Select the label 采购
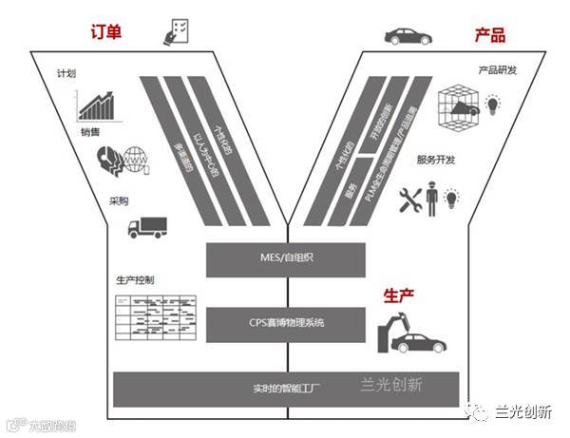click(x=119, y=200)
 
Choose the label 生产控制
click(x=134, y=280)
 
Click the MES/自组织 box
click(x=285, y=258)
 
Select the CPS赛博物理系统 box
click(x=285, y=323)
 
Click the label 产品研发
click(x=496, y=71)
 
